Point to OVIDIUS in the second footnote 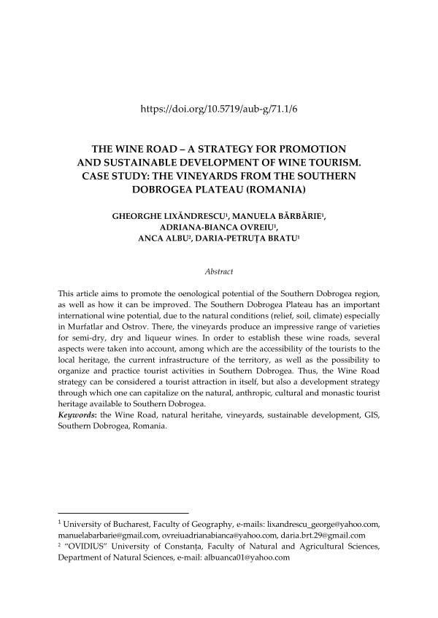click(92, 546)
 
